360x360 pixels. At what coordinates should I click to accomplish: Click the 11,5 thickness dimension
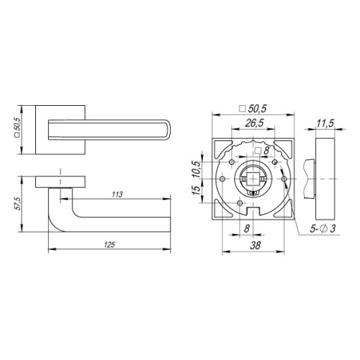point(325,125)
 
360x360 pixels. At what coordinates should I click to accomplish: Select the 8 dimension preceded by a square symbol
point(262,150)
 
